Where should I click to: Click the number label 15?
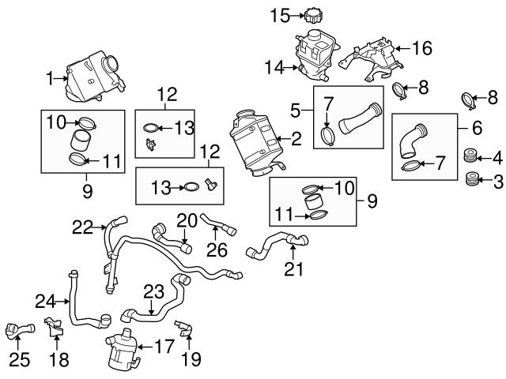(x=279, y=14)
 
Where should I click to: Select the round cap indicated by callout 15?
(x=314, y=16)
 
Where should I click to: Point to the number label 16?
(x=422, y=48)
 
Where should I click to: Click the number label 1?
(x=51, y=77)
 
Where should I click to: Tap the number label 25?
(x=19, y=359)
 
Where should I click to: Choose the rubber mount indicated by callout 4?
(x=471, y=156)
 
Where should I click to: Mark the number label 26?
(x=213, y=250)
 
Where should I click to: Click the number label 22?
(x=83, y=227)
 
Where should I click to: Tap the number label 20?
(x=185, y=219)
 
